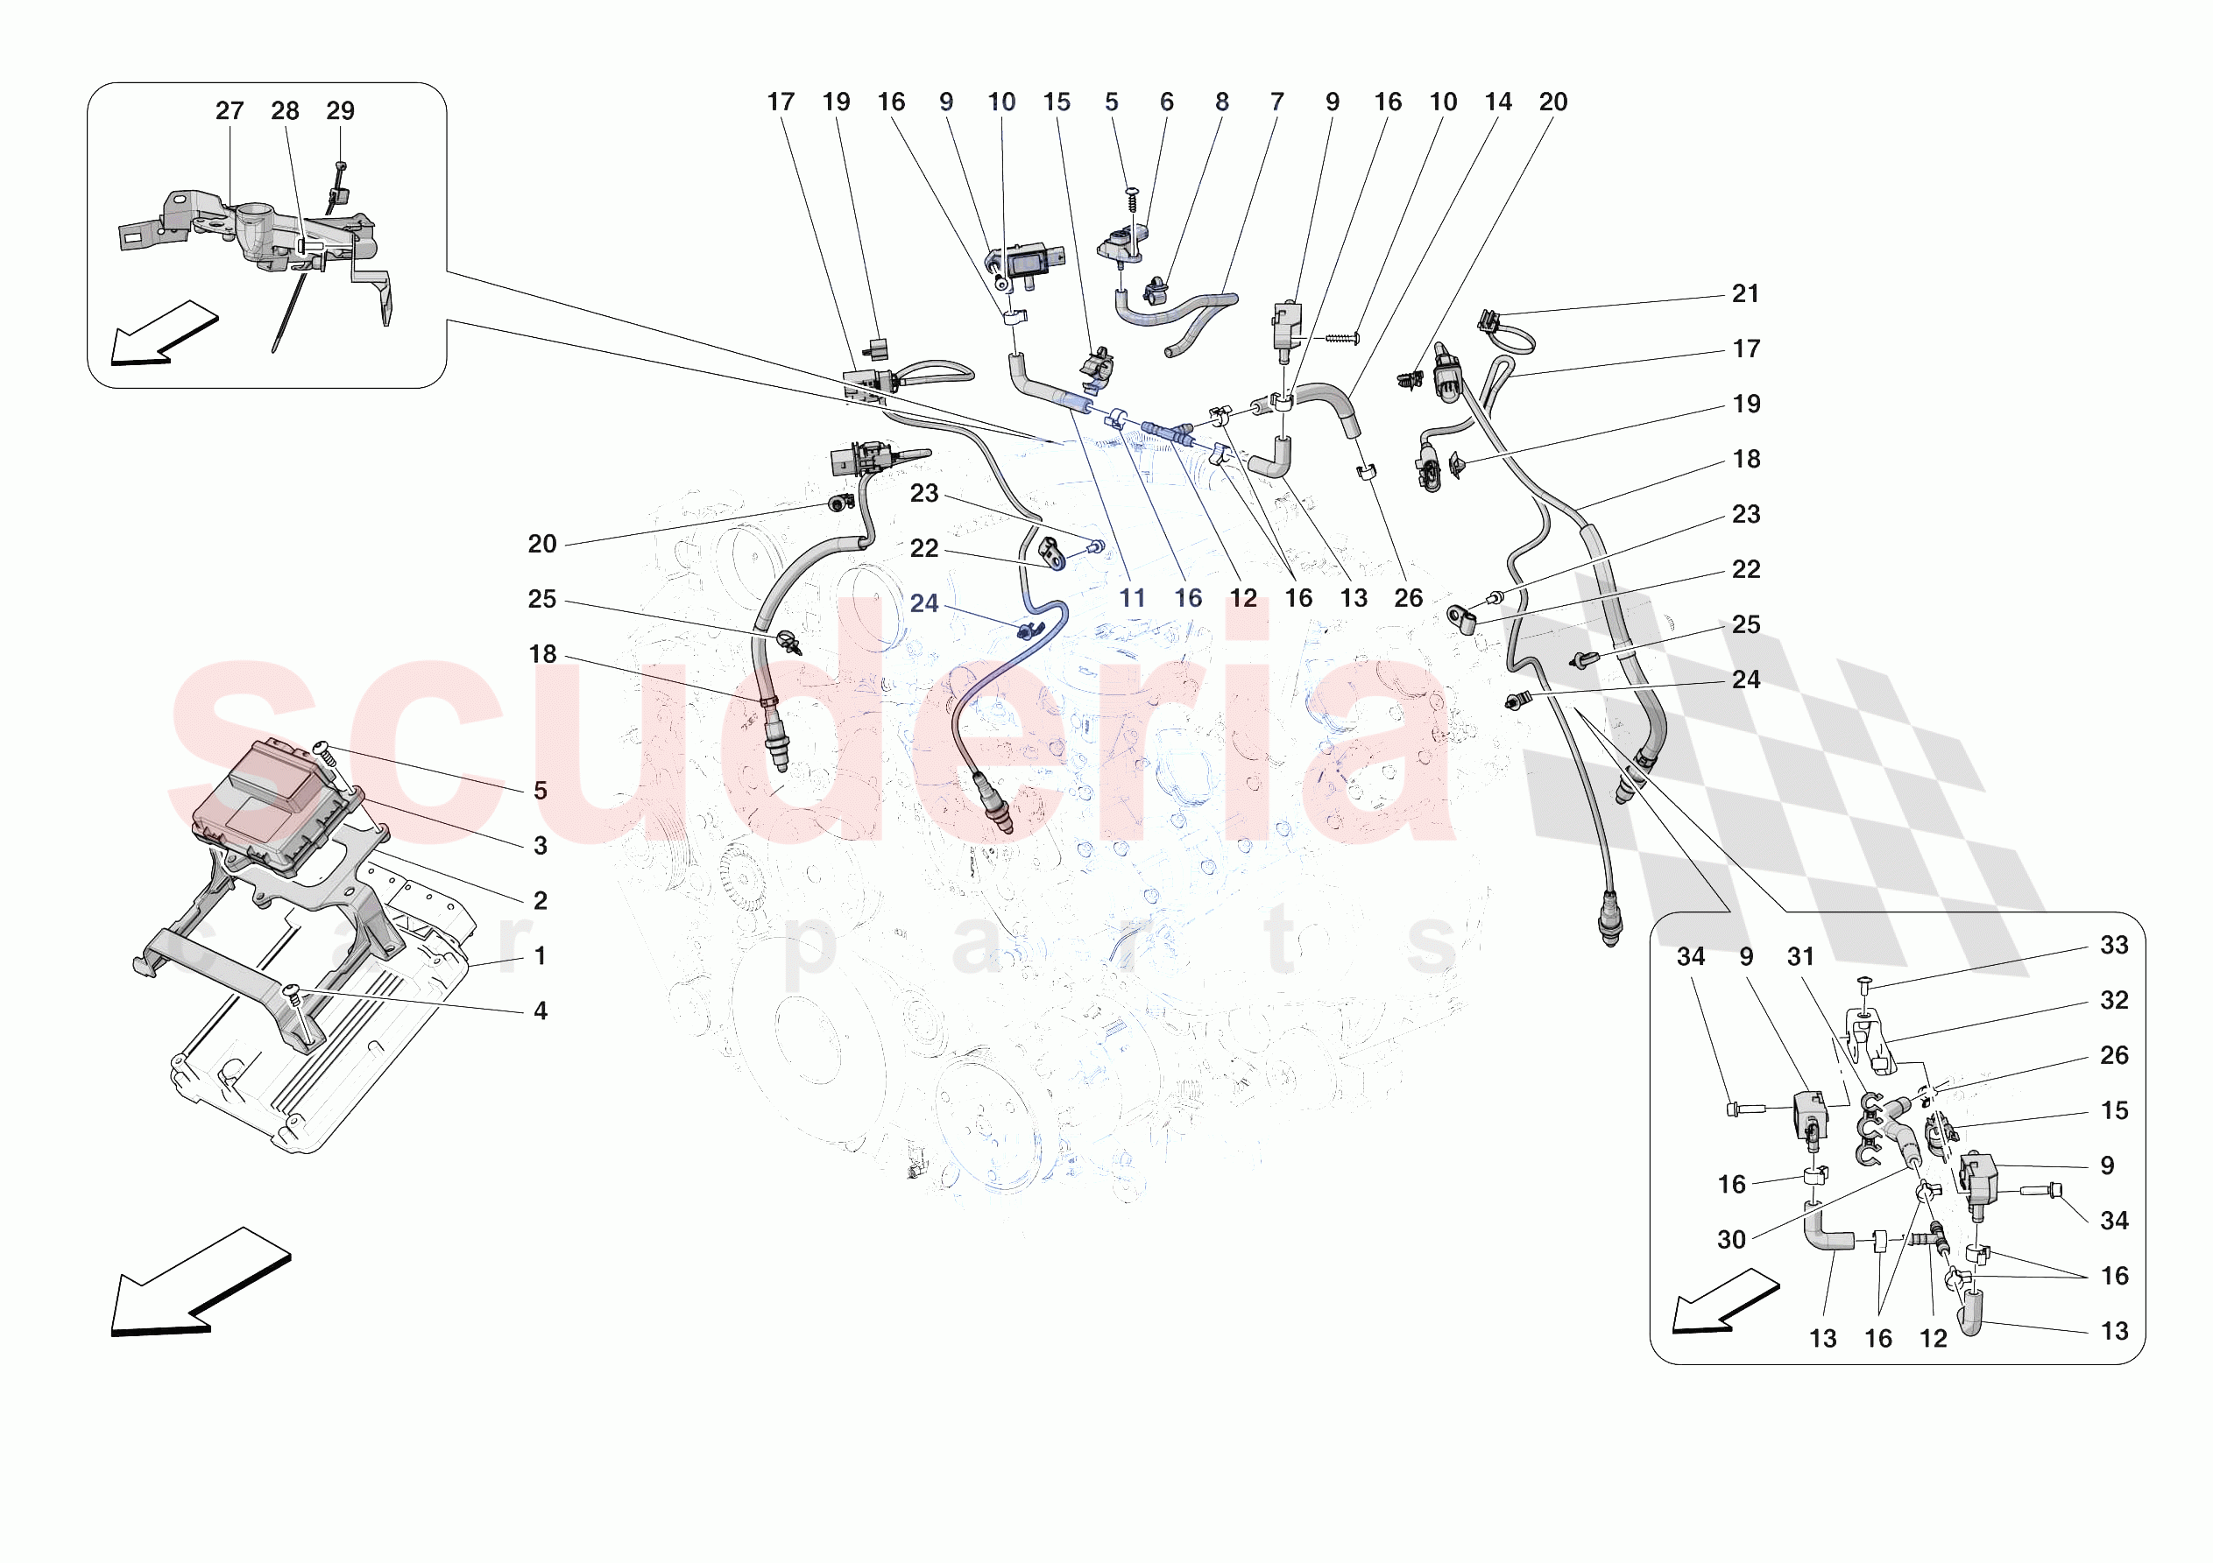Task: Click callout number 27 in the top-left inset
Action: click(230, 111)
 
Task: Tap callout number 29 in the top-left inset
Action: click(340, 111)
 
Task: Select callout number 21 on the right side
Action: click(1745, 294)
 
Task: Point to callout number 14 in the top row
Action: click(1498, 102)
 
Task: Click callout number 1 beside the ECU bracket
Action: click(541, 956)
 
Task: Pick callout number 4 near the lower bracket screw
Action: click(541, 1010)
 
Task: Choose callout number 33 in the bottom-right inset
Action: click(2114, 946)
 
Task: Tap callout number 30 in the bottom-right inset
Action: click(1731, 1239)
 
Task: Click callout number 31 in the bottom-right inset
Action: click(1800, 957)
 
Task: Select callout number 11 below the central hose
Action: click(1133, 598)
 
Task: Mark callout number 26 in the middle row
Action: click(1408, 598)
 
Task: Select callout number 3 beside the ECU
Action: click(541, 846)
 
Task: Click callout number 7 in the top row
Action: click(1277, 102)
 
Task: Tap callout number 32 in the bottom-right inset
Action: click(2114, 1000)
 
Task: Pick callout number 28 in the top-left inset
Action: click(285, 111)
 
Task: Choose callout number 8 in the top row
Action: click(1222, 102)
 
